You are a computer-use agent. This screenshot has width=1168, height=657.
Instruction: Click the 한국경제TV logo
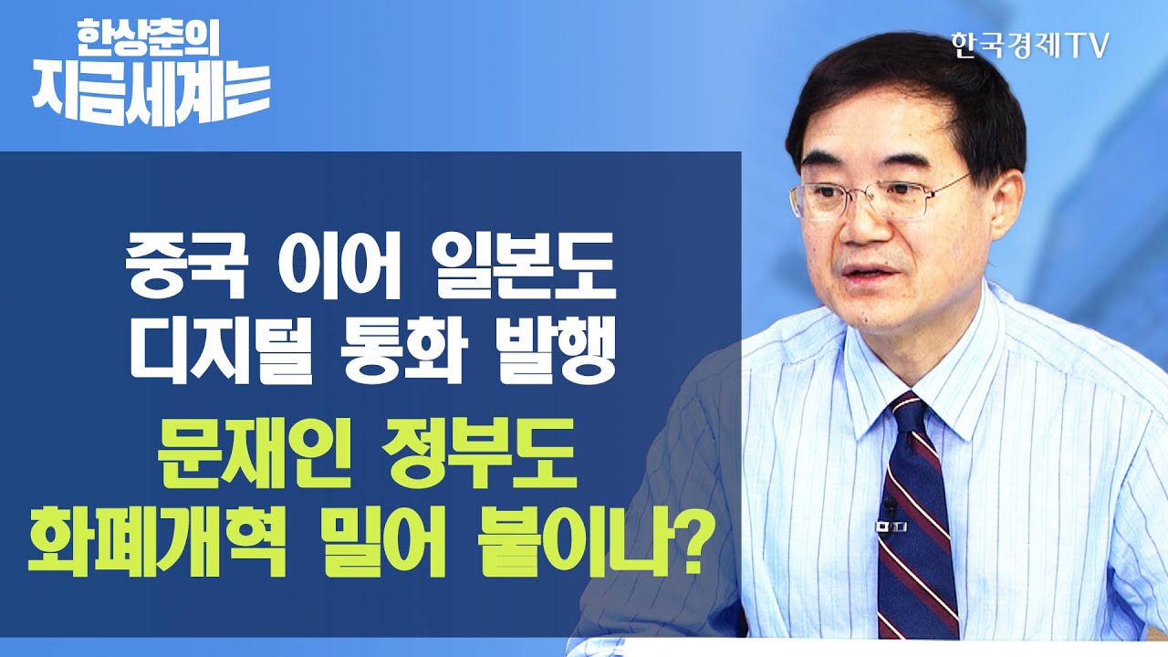[1028, 47]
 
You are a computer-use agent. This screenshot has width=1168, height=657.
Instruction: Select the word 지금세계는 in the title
[151, 94]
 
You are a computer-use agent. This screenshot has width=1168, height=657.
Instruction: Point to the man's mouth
[867, 274]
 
